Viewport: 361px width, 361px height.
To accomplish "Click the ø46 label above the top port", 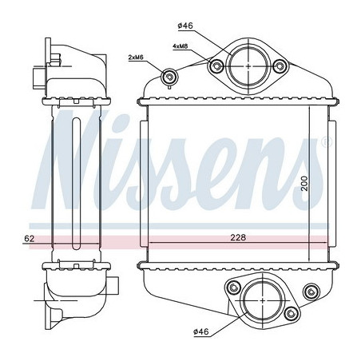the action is point(185,26).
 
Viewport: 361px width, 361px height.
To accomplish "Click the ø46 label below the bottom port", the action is point(201,331).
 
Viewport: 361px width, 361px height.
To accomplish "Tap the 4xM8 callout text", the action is point(180,46).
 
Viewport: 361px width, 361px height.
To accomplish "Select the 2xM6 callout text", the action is point(136,57).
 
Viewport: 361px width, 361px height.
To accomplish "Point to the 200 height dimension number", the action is point(304,183).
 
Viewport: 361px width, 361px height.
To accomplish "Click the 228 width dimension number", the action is point(238,237).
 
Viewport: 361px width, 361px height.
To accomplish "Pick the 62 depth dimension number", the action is point(30,239).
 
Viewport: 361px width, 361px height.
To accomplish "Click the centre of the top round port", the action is point(248,65).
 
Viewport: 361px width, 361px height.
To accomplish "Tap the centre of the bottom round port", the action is point(263,300).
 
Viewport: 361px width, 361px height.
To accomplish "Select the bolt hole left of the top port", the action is point(216,65).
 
